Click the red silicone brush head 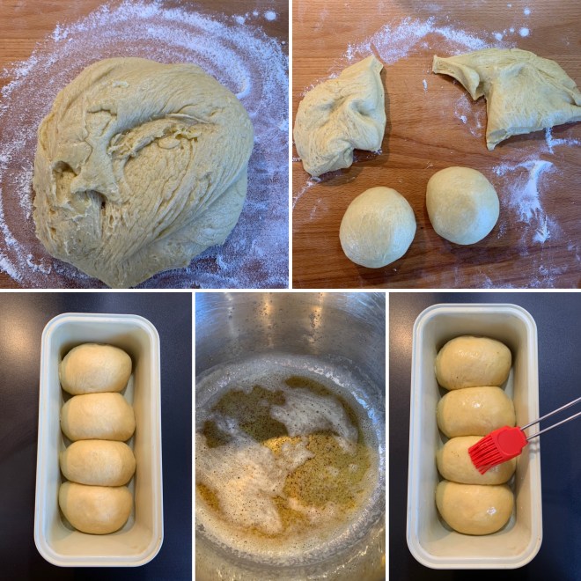(496, 446)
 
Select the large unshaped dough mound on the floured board (141, 176)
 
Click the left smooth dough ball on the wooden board (377, 226)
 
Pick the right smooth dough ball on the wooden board (462, 204)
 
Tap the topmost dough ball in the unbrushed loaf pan (95, 368)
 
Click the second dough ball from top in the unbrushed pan (97, 416)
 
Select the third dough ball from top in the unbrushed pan (97, 462)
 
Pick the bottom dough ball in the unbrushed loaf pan (95, 508)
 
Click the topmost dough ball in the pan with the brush (473, 362)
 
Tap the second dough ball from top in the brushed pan (475, 410)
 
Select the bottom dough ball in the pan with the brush (474, 508)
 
